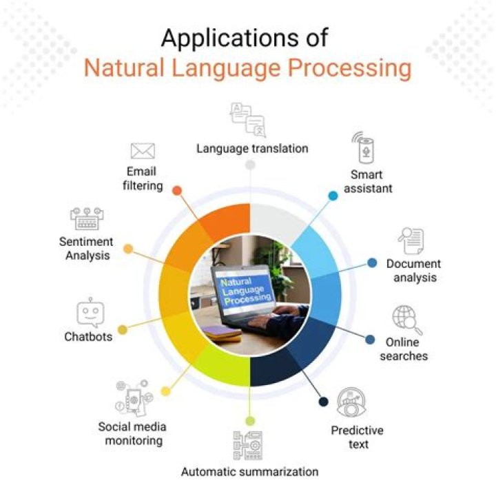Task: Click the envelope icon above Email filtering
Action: (x=143, y=151)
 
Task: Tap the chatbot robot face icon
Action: (x=90, y=312)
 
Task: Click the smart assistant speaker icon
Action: (x=365, y=147)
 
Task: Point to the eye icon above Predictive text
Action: (x=351, y=404)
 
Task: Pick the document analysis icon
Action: (x=411, y=241)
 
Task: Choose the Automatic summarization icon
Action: (x=248, y=445)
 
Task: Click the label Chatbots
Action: (x=88, y=337)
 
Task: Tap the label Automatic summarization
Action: (x=249, y=472)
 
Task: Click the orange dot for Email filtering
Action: (x=177, y=189)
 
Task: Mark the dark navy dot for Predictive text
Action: (x=322, y=402)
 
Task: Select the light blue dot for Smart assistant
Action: (x=333, y=196)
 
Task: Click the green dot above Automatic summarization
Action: (x=250, y=420)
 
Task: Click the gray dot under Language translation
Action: (x=250, y=165)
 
